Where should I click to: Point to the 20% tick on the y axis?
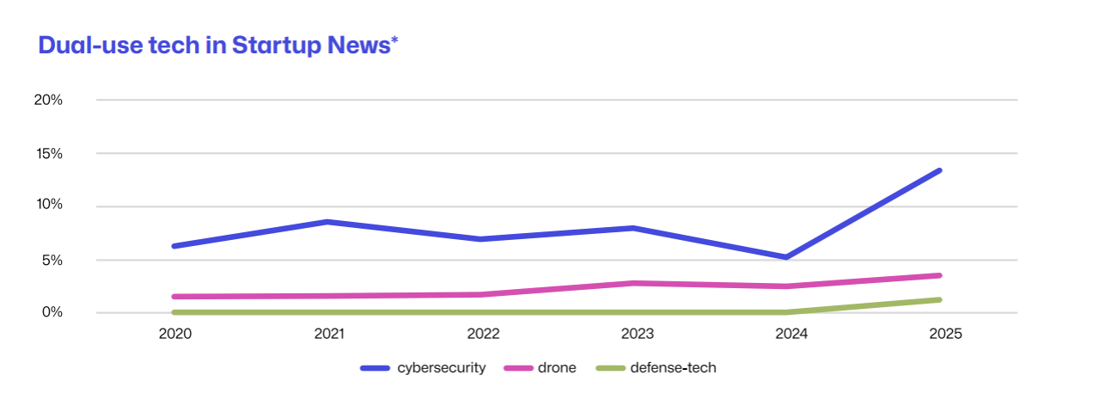[48, 100]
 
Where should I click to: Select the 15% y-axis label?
[48, 153]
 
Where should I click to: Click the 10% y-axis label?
[48, 206]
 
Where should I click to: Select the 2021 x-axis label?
[329, 334]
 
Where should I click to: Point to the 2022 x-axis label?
[483, 334]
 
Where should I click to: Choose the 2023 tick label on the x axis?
[637, 334]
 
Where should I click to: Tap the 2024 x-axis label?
[791, 334]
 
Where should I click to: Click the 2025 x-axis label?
[944, 334]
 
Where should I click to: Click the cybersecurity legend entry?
[424, 368]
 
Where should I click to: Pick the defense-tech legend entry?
[658, 368]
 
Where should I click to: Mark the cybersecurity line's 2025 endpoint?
[939, 170]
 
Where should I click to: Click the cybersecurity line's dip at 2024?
[786, 257]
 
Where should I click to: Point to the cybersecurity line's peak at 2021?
[328, 222]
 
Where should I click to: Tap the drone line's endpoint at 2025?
[939, 275]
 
